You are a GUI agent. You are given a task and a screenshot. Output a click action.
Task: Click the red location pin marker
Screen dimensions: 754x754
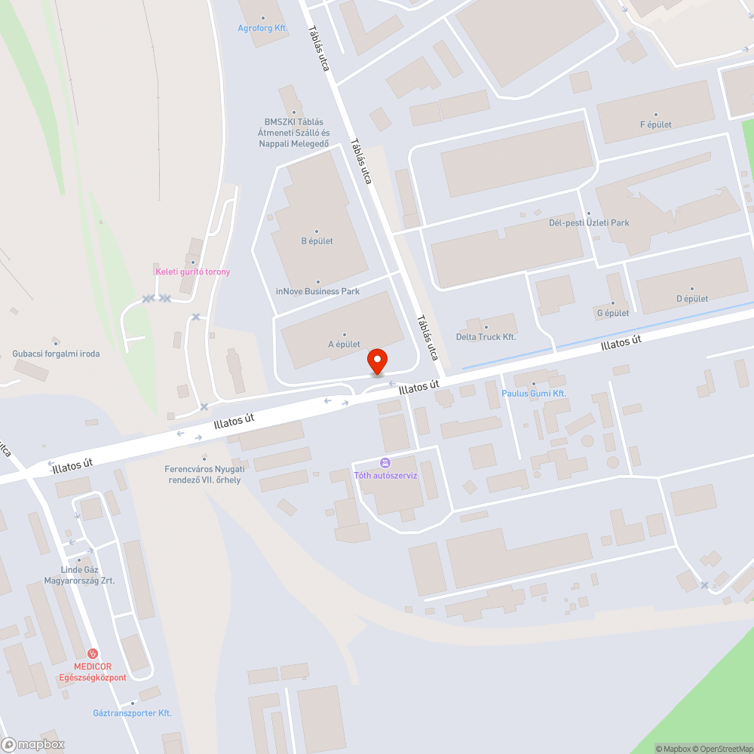(376, 361)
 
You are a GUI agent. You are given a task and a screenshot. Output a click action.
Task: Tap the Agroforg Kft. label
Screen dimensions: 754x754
(263, 28)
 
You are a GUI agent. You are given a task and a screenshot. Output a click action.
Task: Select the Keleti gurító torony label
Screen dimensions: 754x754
(192, 271)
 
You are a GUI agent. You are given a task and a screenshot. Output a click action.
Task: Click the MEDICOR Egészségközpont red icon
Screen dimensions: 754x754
(93, 654)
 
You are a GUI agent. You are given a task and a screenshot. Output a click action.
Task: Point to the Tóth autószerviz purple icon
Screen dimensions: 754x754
(385, 463)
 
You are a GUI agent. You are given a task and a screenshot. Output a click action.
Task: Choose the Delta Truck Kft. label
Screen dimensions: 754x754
(486, 336)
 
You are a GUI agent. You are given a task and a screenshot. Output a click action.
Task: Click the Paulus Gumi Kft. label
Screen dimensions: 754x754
(534, 394)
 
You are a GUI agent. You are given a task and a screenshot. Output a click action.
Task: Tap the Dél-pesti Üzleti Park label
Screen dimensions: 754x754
(589, 222)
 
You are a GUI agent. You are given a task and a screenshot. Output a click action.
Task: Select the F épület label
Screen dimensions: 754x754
(655, 124)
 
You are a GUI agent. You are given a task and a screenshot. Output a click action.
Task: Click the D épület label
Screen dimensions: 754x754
(691, 299)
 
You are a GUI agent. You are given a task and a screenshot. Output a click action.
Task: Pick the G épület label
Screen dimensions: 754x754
(612, 313)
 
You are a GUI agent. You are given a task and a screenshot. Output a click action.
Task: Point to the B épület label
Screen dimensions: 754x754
(317, 241)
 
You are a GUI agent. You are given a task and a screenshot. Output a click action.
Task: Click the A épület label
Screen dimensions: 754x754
(344, 345)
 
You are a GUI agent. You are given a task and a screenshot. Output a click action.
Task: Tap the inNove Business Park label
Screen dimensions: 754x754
(317, 291)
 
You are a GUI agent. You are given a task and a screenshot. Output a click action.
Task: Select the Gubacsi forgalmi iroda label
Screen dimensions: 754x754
(56, 353)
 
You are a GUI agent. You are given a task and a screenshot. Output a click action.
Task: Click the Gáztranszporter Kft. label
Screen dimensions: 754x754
(132, 713)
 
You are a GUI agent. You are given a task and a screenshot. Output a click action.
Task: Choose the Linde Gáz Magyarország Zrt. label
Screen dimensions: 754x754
(79, 575)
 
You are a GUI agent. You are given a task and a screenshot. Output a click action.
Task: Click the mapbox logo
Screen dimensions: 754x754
(33, 744)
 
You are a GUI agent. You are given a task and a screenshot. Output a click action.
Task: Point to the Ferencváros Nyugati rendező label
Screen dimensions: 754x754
(204, 474)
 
